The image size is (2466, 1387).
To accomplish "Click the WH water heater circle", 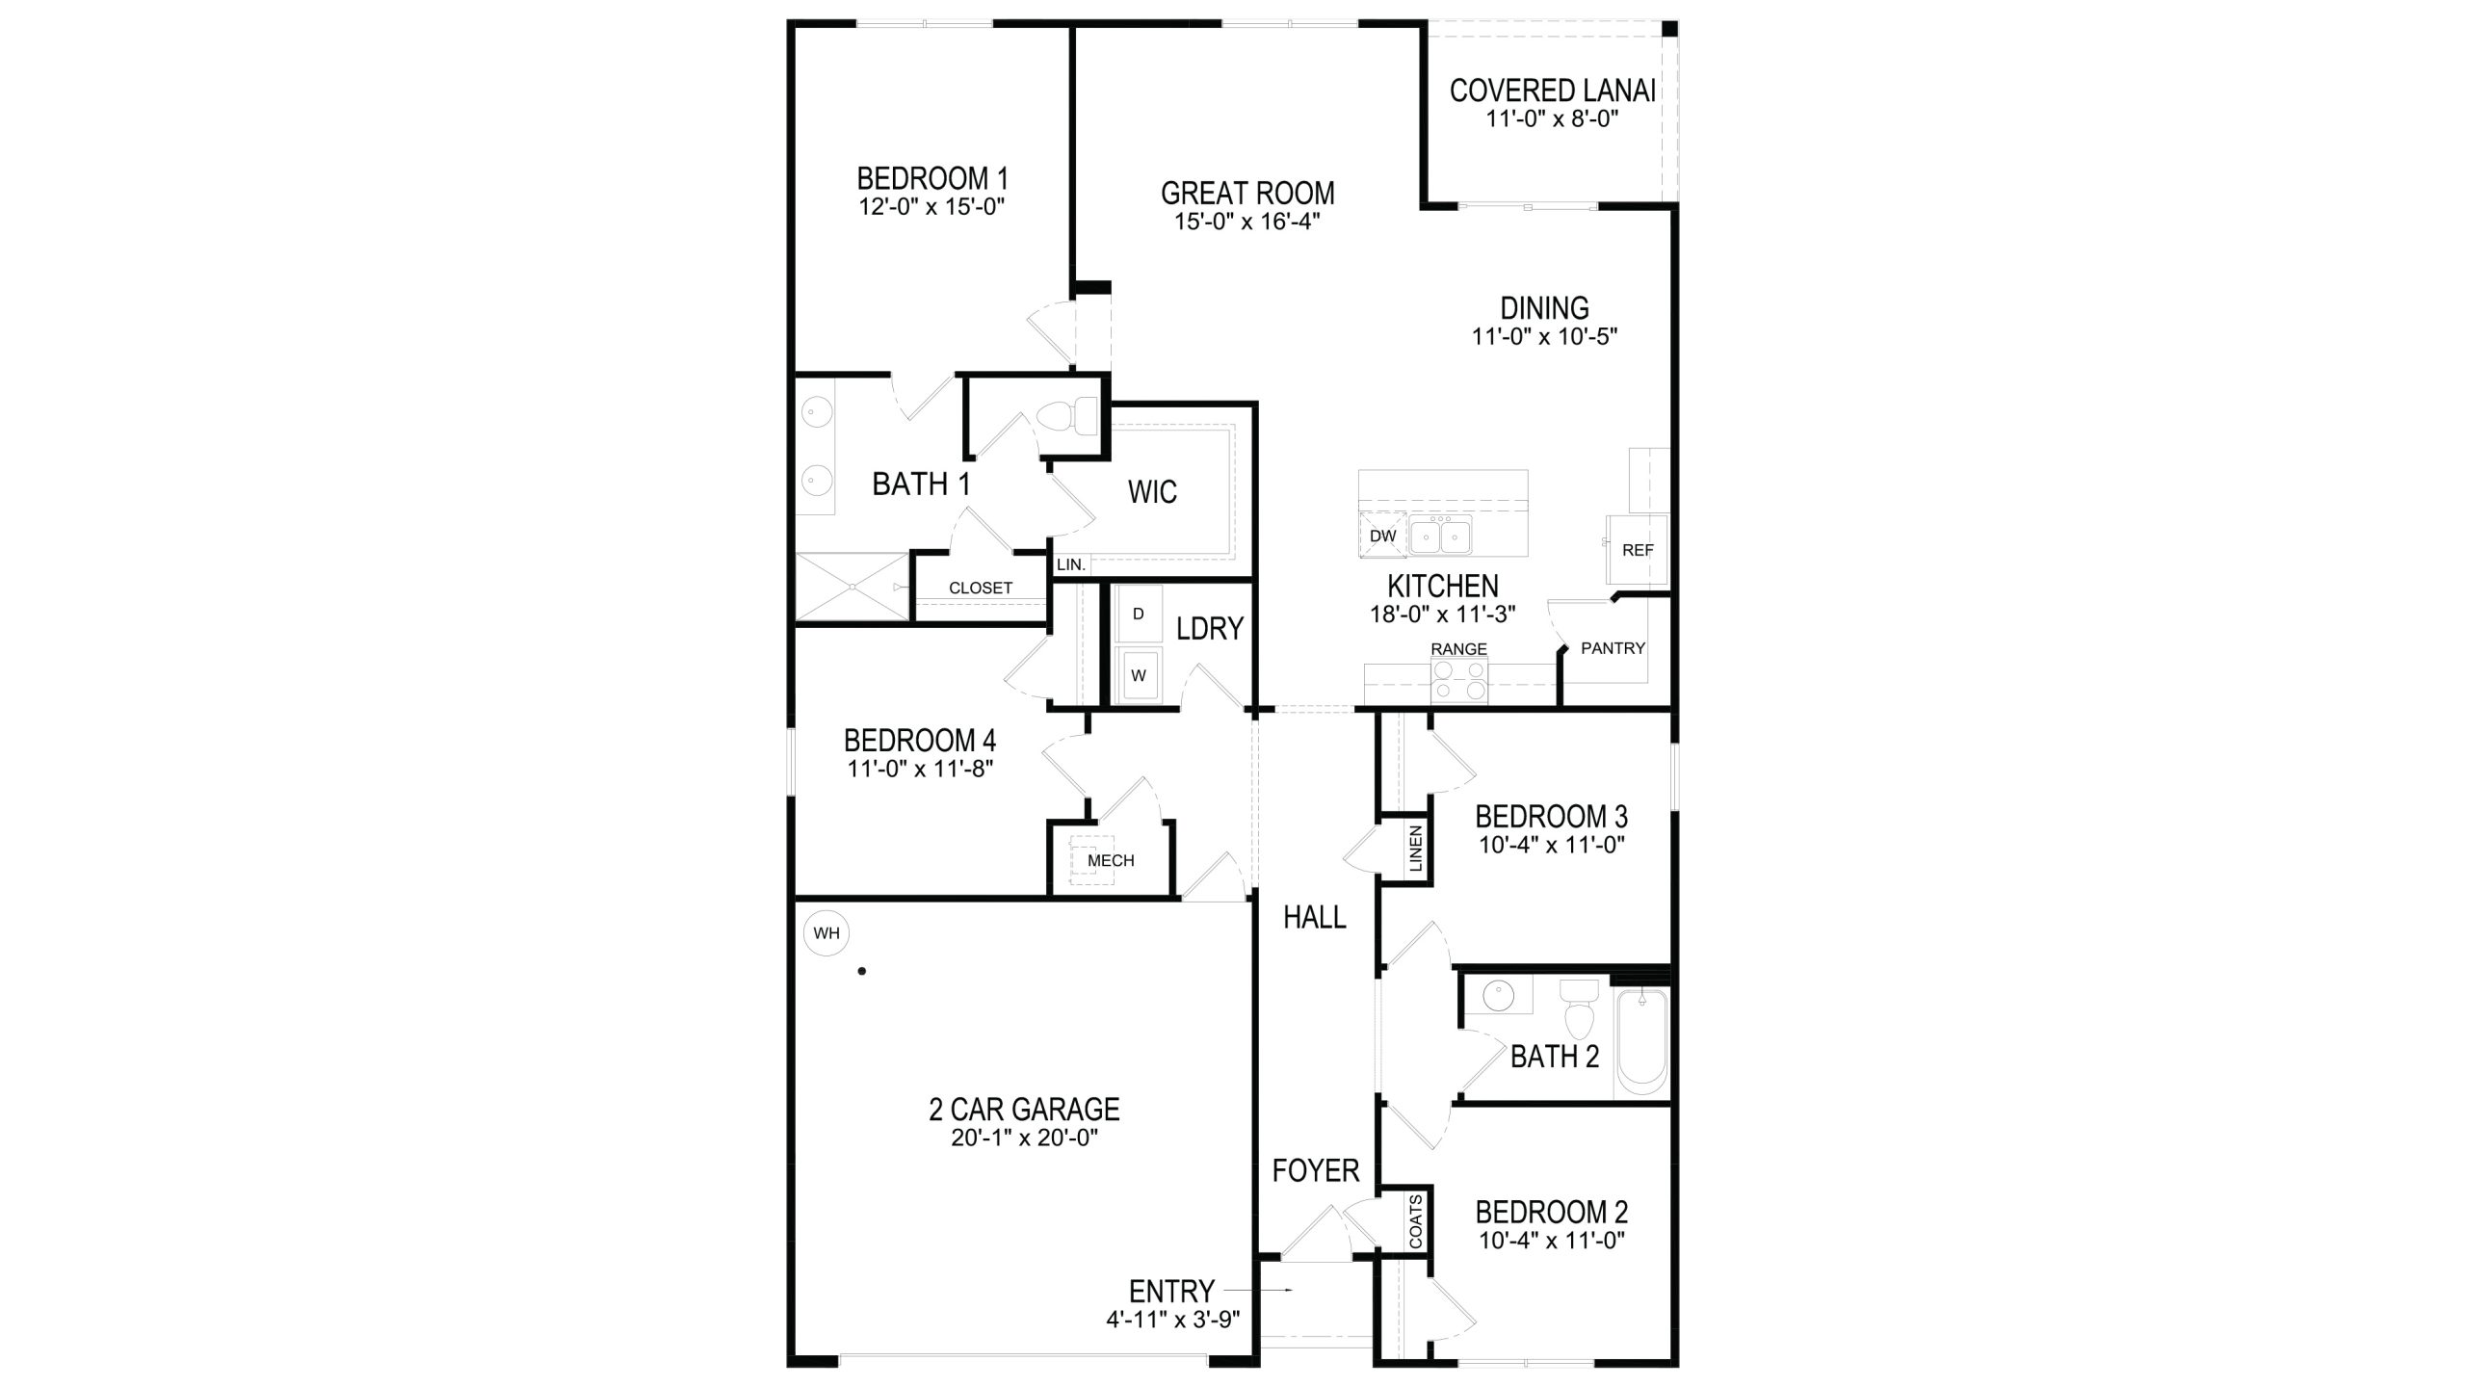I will [826, 933].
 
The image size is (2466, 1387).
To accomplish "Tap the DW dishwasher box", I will [1382, 536].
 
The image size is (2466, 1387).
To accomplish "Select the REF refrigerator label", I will [1638, 550].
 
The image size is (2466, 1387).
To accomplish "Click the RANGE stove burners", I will [1458, 681].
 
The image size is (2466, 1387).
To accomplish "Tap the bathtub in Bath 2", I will [1641, 1045].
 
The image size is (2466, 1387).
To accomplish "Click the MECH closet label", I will [1111, 860].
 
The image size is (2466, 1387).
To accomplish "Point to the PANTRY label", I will [1613, 648].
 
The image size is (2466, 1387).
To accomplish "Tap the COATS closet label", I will [1415, 1221].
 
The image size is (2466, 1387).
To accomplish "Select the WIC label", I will [1152, 492].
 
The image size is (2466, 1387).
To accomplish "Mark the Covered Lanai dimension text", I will [1551, 118].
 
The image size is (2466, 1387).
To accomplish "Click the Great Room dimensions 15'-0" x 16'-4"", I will [1246, 221].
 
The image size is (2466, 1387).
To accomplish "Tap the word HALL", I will [1315, 918].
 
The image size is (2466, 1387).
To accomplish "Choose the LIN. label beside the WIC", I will [1071, 565].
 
